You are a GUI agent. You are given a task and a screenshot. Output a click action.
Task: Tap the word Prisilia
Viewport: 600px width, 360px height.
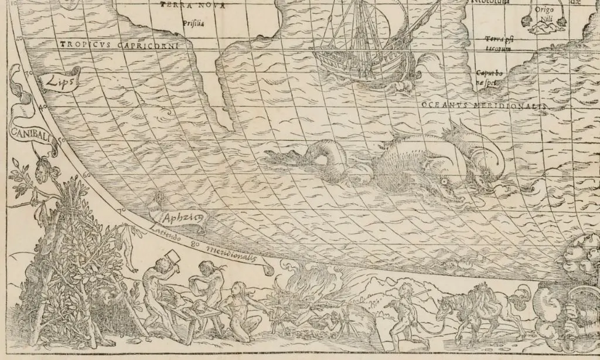pos(192,24)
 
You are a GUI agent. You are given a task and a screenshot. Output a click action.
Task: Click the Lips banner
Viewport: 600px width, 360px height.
pos(59,84)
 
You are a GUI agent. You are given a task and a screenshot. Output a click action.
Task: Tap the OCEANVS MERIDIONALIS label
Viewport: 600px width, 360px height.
pos(483,104)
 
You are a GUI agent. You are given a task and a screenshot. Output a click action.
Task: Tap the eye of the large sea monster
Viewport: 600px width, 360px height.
pos(446,182)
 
